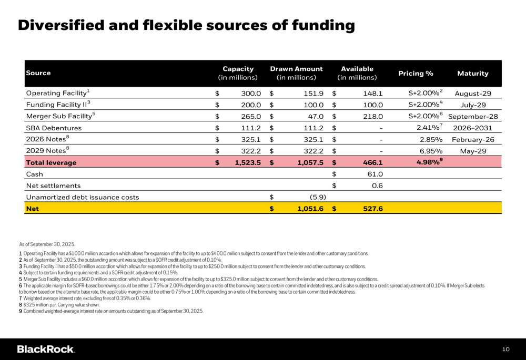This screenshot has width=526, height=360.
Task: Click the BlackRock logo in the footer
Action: [x=46, y=349]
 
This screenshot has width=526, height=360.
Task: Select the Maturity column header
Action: [x=473, y=74]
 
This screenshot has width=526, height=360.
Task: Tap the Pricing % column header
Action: [x=416, y=74]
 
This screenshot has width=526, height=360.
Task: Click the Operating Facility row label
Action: [x=58, y=94]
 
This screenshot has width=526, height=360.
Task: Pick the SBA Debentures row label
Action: [x=54, y=128]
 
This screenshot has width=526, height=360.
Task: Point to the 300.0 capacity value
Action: [x=251, y=94]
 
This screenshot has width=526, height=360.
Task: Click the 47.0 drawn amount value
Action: [x=315, y=117]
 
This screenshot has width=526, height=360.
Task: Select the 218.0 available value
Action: [x=373, y=117]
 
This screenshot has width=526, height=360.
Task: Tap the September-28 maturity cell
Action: [x=473, y=117]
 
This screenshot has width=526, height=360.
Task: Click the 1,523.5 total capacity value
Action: [x=248, y=163]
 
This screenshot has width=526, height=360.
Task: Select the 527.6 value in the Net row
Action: [x=372, y=209]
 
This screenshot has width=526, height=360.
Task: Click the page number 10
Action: [x=505, y=349]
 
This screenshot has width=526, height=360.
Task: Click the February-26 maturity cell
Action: [x=473, y=140]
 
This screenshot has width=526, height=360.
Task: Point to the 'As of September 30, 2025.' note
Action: [x=47, y=244]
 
